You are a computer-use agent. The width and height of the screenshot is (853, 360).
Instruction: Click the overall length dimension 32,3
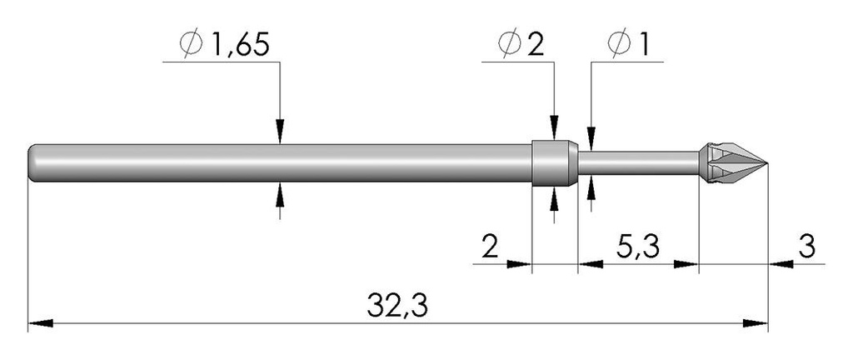point(397,306)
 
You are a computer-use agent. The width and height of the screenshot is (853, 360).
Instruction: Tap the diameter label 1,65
point(239,46)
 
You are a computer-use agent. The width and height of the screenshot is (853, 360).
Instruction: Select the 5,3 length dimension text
point(637,248)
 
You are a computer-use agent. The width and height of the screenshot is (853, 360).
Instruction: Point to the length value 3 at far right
point(807,247)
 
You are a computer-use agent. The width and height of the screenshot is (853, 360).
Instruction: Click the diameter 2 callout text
point(536,46)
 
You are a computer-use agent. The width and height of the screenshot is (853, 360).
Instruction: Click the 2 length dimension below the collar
point(490,248)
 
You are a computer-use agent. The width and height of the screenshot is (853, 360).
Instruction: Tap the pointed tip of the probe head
point(767,162)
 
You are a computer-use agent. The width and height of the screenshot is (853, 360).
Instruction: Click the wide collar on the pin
point(554,163)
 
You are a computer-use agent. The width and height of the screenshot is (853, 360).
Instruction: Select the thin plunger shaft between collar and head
point(638,163)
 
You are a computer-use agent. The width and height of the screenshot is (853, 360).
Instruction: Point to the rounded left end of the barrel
point(32,163)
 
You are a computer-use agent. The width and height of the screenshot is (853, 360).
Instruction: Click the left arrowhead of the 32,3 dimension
point(40,323)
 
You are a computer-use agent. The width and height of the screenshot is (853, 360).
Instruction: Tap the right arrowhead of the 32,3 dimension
point(755,323)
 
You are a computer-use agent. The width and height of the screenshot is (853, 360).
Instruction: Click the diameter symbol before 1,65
point(191,46)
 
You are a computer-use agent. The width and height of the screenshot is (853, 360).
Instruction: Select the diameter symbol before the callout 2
point(511,46)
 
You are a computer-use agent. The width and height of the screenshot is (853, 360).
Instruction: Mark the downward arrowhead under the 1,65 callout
point(280,132)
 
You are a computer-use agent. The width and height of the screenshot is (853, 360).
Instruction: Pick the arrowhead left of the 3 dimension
point(781,264)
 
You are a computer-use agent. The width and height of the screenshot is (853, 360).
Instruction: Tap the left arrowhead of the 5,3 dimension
point(591,264)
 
